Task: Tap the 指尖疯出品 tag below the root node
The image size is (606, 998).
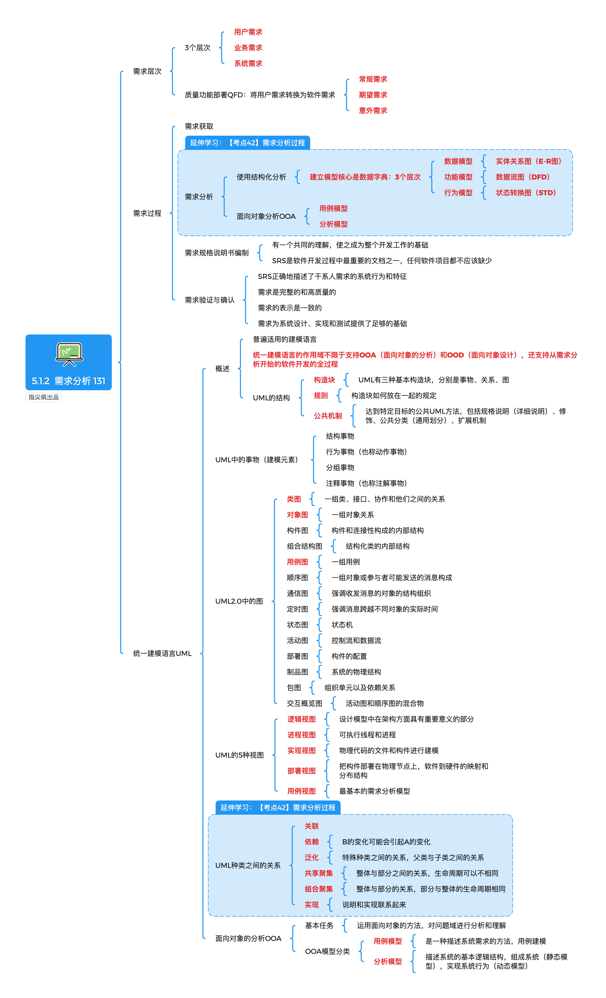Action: pyautogui.click(x=44, y=397)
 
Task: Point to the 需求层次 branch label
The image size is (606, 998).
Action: pyautogui.click(x=147, y=71)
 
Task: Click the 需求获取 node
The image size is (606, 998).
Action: pyautogui.click(x=199, y=126)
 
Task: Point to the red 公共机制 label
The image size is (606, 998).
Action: pyautogui.click(x=328, y=416)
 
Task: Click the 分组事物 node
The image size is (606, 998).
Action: pyautogui.click(x=340, y=467)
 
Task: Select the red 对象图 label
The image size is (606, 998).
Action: pyautogui.click(x=297, y=515)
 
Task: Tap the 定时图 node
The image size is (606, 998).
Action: pyautogui.click(x=297, y=609)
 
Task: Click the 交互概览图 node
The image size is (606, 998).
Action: pyautogui.click(x=305, y=704)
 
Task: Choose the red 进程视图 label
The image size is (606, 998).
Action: pyautogui.click(x=301, y=735)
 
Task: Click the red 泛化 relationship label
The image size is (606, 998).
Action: pyautogui.click(x=311, y=858)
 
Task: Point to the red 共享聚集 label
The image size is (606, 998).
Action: pyautogui.click(x=318, y=873)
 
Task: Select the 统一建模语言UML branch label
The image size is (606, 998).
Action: pyautogui.click(x=162, y=653)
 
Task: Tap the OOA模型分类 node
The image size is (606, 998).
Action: pyautogui.click(x=327, y=951)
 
